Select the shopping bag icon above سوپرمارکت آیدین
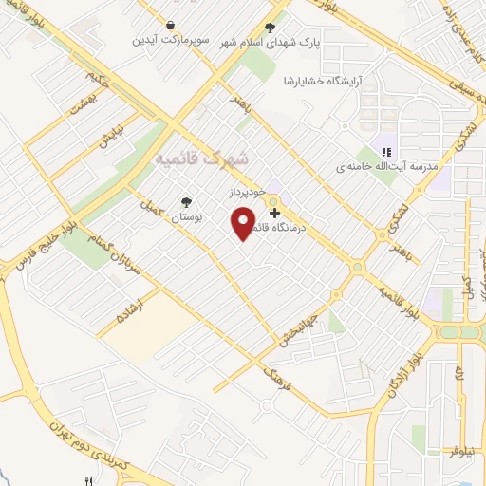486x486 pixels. point(169,26)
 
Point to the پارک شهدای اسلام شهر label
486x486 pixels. point(271,43)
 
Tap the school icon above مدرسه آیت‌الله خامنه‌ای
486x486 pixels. point(385,150)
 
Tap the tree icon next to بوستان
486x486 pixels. point(186,202)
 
